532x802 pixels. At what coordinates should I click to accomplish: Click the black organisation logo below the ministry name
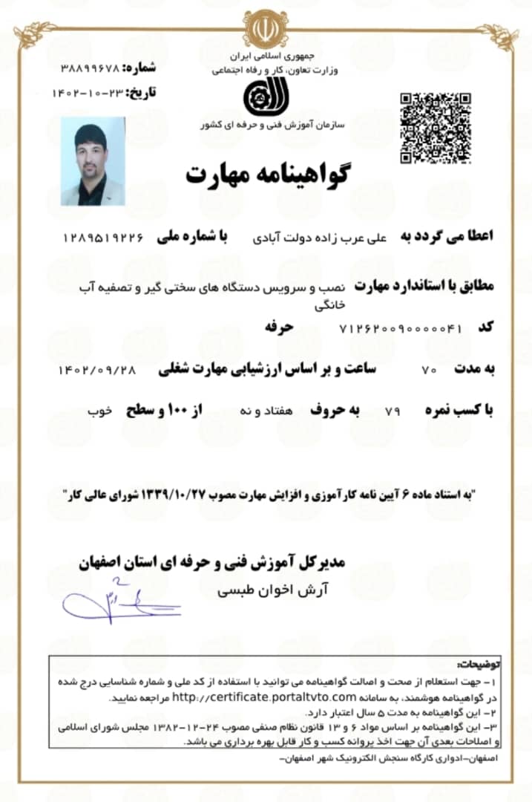tap(265, 97)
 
